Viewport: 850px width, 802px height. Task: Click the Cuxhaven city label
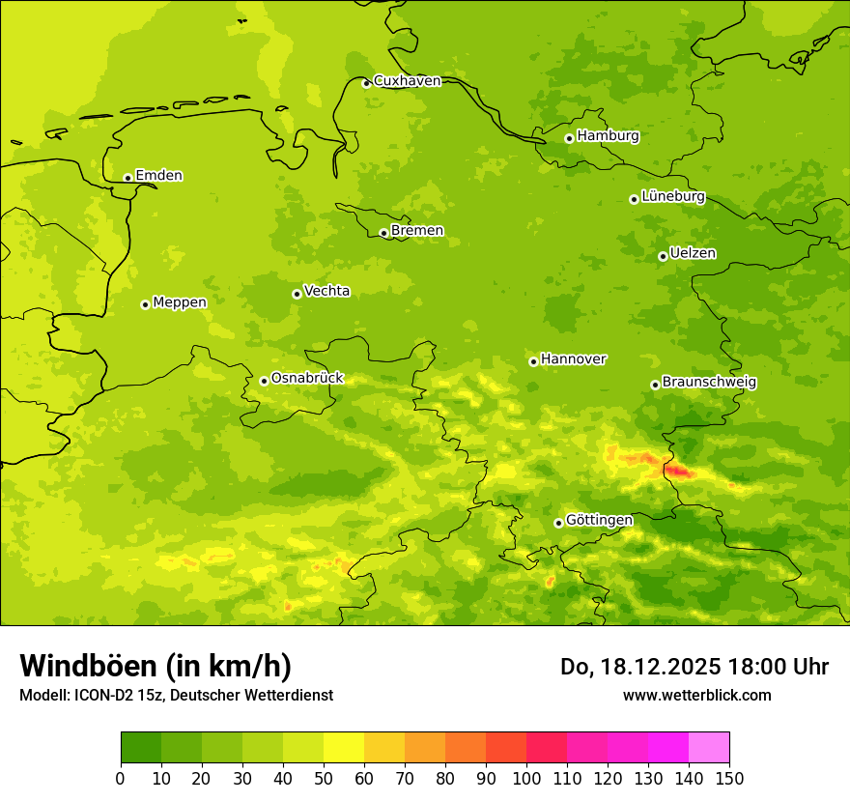[407, 81]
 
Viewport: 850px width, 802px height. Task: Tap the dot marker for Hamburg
[569, 138]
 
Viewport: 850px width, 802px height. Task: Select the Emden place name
[158, 176]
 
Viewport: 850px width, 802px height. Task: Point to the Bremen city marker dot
[383, 233]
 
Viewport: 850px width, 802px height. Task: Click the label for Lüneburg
[673, 196]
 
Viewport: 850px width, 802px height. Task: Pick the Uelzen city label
[693, 253]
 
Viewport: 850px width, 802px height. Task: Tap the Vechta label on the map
[326, 291]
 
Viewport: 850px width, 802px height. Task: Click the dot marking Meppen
[145, 304]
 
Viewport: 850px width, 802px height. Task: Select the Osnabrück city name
[307, 378]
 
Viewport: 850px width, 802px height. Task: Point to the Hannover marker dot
[533, 361]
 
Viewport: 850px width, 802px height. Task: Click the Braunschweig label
[709, 382]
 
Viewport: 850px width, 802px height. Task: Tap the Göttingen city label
[599, 520]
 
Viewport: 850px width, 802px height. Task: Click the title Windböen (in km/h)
[156, 667]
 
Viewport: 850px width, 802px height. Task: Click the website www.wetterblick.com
[696, 695]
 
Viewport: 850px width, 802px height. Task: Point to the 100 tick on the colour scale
[526, 778]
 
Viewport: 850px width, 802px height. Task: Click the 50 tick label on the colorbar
[324, 778]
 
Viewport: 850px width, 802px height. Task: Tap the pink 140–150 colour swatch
[709, 747]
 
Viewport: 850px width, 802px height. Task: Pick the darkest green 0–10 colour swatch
[141, 747]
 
